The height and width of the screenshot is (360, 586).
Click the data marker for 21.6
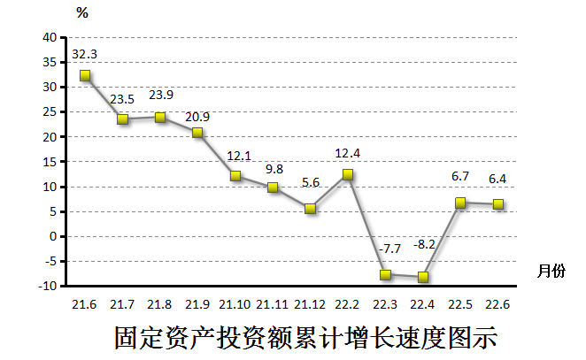[x=85, y=75]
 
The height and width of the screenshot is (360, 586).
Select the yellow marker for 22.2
[x=348, y=174]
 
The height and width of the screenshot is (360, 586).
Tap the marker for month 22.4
[x=423, y=277]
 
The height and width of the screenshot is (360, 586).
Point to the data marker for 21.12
[x=310, y=209]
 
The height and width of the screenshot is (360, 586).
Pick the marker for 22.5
[x=460, y=203]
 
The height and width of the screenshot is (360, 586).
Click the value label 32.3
[x=85, y=54]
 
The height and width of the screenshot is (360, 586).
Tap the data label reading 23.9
[x=160, y=96]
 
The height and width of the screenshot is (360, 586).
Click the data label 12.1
[x=238, y=155]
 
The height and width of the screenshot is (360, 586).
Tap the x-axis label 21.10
[x=235, y=304]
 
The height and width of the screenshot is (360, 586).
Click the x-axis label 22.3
[x=385, y=304]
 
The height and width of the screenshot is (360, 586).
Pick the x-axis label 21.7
[x=122, y=304]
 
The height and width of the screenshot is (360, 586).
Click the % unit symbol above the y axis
[x=82, y=12]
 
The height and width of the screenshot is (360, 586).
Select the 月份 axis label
[x=551, y=272]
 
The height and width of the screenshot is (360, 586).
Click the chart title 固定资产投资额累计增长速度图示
[x=306, y=338]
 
